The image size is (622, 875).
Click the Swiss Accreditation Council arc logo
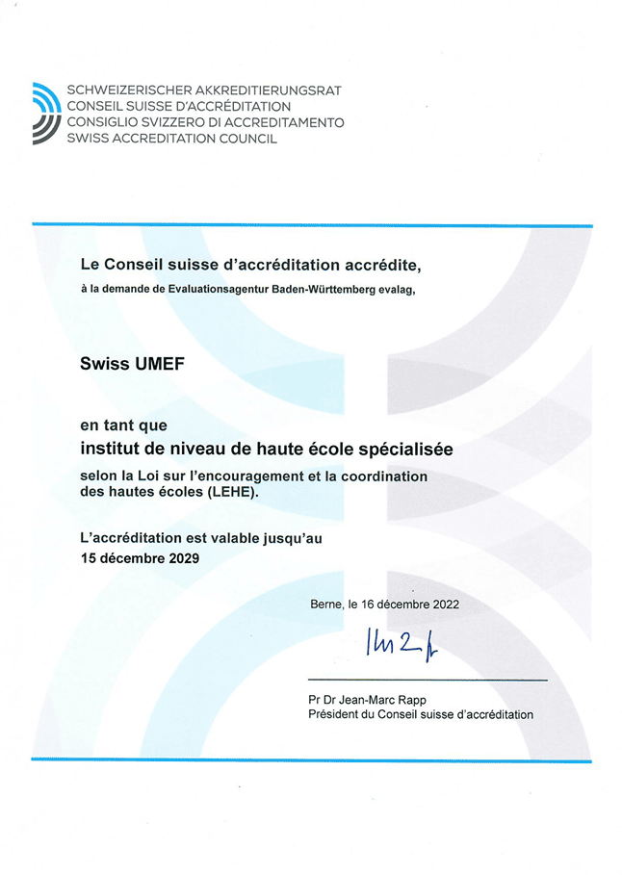(x=46, y=114)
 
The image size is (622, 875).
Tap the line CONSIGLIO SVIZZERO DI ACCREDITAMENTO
(x=205, y=122)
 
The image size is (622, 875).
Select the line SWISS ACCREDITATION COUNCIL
(x=171, y=139)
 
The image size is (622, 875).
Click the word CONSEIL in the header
(x=94, y=107)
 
